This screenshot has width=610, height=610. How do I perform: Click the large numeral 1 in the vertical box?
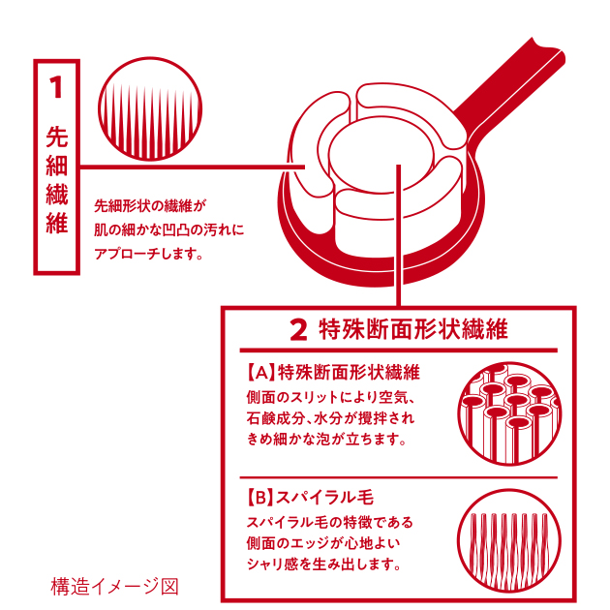click(56, 87)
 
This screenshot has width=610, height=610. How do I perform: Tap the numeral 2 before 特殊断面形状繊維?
click(299, 330)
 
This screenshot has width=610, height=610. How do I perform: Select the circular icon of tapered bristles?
click(150, 109)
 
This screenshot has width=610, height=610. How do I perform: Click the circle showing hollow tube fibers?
click(509, 413)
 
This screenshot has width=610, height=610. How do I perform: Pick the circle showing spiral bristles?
click(509, 540)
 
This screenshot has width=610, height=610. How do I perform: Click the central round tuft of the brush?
click(381, 156)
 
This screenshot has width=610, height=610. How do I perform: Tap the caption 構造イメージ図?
click(115, 586)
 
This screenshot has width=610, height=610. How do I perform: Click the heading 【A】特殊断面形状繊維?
click(333, 373)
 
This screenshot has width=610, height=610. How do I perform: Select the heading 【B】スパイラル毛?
click(310, 498)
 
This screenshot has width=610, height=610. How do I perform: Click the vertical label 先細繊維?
click(57, 180)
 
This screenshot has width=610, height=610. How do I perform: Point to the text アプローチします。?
click(148, 254)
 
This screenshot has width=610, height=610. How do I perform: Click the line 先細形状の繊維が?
click(150, 206)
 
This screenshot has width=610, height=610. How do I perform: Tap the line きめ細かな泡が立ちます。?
click(326, 440)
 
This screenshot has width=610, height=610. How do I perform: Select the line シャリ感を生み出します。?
click(323, 564)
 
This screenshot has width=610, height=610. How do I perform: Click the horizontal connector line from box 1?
click(192, 168)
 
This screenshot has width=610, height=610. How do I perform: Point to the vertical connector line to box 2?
click(398, 235)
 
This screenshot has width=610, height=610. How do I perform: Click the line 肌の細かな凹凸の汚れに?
click(169, 229)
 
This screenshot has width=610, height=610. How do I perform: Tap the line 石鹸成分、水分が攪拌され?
click(330, 418)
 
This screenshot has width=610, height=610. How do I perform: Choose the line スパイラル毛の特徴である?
click(329, 522)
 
